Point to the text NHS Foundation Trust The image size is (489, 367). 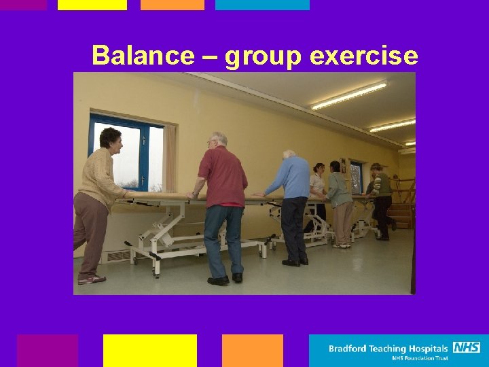(x=421, y=358)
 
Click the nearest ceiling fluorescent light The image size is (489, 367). (x=348, y=96)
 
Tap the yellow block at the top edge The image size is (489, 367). (x=92, y=5)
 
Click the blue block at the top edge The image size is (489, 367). (x=262, y=5)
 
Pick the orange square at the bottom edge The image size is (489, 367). (x=252, y=350)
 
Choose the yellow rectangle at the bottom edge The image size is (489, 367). (x=149, y=350)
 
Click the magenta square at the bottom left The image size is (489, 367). (x=47, y=350)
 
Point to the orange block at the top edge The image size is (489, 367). (x=172, y=5)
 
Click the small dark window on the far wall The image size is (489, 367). (x=356, y=176)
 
